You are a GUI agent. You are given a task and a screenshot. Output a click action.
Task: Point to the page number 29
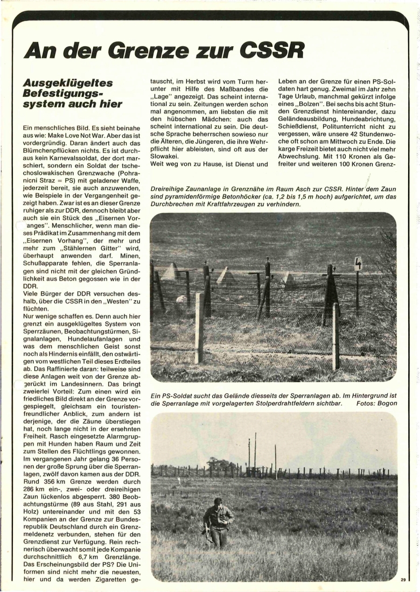click(x=403, y=579)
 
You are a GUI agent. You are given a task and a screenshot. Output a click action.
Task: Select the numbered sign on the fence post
click(x=358, y=264)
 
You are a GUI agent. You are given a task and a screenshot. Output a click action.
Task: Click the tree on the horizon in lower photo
click(x=220, y=463)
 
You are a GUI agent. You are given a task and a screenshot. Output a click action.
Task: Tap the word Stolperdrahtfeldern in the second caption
click(x=276, y=403)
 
